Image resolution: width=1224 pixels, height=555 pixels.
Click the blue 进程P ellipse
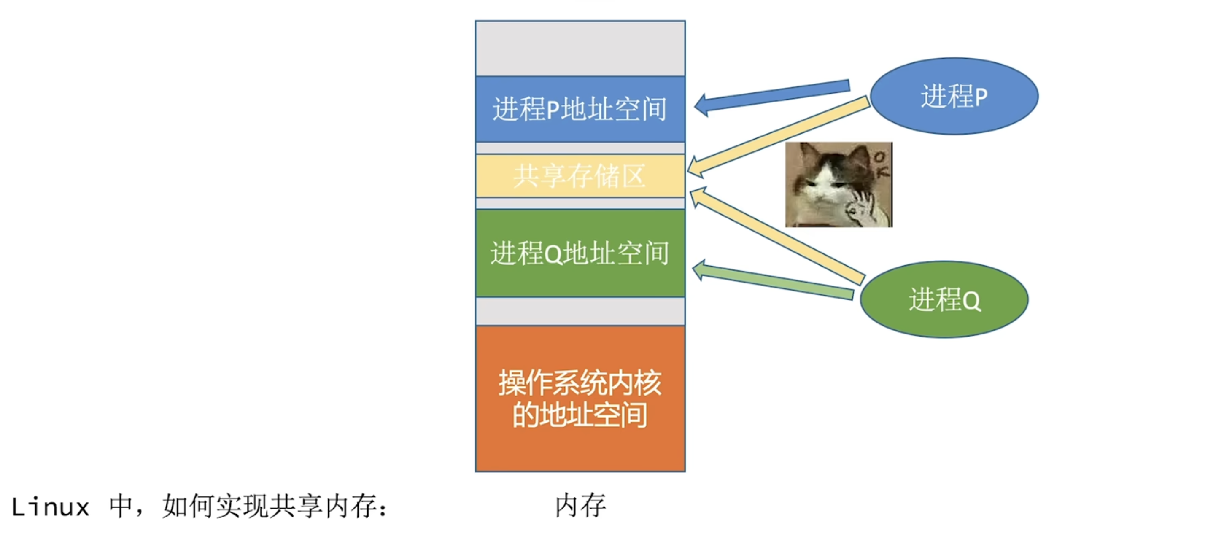point(954,96)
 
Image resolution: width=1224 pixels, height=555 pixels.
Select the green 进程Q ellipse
point(944,299)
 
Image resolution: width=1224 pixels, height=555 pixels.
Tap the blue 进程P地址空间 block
point(580,109)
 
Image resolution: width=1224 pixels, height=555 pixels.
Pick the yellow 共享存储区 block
point(580,176)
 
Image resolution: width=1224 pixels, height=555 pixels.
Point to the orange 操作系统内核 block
point(580,398)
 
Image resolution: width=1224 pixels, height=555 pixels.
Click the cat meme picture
point(838,184)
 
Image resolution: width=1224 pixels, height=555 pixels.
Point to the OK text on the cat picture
point(882,164)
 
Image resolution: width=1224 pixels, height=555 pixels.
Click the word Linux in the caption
point(50,507)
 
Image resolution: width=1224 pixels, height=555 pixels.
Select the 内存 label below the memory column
point(580,505)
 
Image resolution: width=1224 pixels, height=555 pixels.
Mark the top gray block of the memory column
point(580,48)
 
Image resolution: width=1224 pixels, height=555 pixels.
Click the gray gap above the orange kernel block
point(580,311)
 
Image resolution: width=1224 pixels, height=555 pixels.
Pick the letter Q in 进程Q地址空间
point(553,255)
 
